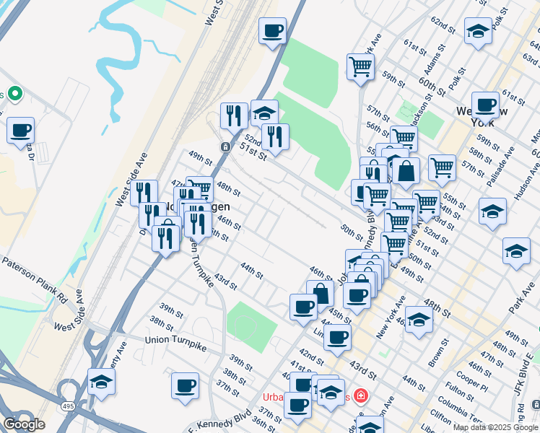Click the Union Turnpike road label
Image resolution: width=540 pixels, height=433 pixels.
[x=175, y=340]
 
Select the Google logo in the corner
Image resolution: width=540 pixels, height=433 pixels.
[x=24, y=424]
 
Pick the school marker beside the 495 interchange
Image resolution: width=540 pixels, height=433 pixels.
[x=102, y=381]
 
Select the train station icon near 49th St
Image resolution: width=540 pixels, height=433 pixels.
[x=225, y=146]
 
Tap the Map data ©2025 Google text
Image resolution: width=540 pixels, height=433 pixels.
[x=495, y=427]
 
